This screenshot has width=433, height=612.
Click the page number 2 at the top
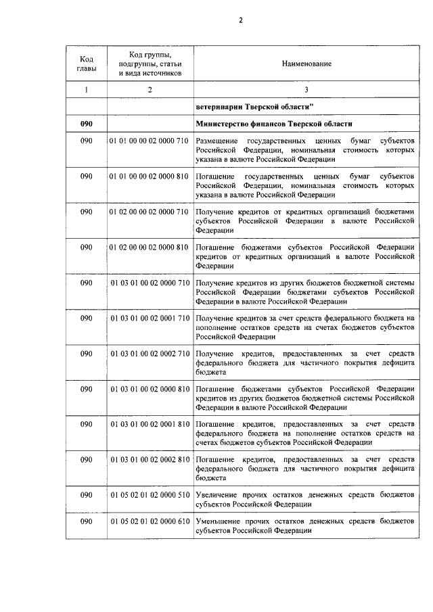click(240, 20)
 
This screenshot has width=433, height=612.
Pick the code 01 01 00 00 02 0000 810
click(148, 176)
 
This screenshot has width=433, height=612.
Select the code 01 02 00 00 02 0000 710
click(148, 212)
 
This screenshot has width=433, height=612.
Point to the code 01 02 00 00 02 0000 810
click(148, 247)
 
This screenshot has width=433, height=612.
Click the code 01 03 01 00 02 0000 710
click(150, 282)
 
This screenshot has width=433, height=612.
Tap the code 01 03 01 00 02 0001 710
click(150, 318)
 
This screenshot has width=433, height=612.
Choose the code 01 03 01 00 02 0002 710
click(150, 353)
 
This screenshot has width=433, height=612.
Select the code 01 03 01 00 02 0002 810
click(150, 460)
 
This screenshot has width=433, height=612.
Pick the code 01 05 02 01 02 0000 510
click(150, 495)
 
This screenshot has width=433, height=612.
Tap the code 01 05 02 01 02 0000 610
click(150, 522)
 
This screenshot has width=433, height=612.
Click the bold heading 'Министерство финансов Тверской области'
click(274, 123)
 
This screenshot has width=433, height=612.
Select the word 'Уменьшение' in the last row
click(218, 522)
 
